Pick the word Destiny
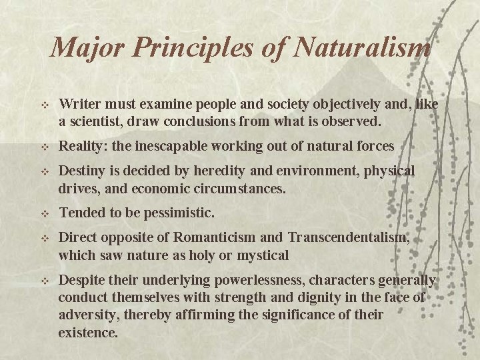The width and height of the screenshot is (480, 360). [x=81, y=171]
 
